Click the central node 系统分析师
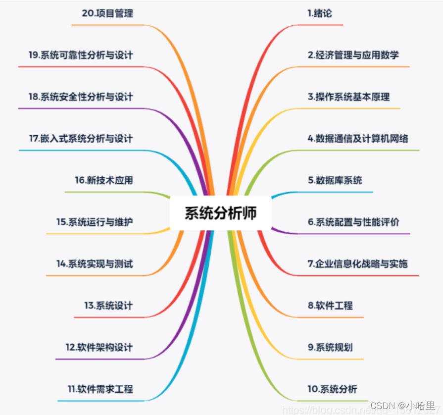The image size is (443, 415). (221, 213)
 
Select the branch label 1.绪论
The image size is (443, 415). (319, 13)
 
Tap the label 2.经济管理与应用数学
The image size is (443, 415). (353, 55)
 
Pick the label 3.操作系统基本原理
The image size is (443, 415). (348, 97)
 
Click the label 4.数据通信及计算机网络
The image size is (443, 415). (358, 139)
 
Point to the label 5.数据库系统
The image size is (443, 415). (335, 180)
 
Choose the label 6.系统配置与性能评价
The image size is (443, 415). (353, 222)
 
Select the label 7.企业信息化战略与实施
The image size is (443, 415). (357, 263)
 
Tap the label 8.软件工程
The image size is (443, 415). (330, 306)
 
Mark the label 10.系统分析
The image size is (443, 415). (332, 389)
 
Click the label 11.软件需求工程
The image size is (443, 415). (100, 389)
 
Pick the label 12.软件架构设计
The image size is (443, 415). (99, 347)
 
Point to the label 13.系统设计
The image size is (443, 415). (108, 306)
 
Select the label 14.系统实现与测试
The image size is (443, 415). (95, 264)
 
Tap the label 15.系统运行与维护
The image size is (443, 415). (95, 222)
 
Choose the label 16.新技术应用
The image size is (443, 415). (104, 180)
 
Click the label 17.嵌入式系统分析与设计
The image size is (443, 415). (81, 139)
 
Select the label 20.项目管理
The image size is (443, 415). (107, 13)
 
